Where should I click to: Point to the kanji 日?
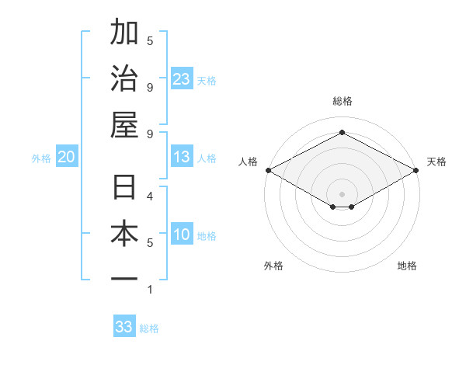coord(125,187)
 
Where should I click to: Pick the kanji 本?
coord(125,233)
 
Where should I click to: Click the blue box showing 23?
coord(182,78)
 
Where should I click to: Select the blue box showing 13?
coord(182,157)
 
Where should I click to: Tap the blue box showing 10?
coord(182,235)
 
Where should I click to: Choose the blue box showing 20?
coord(67,157)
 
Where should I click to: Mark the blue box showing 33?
coord(124,327)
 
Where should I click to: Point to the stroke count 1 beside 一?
coord(150,290)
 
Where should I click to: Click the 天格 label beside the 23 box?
coord(207,80)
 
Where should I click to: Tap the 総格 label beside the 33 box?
coord(149,328)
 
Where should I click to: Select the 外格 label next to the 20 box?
coord(41,158)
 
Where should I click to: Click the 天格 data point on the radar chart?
coord(417,170)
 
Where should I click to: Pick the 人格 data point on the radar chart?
coord(268,170)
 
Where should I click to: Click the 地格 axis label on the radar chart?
coord(407,266)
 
